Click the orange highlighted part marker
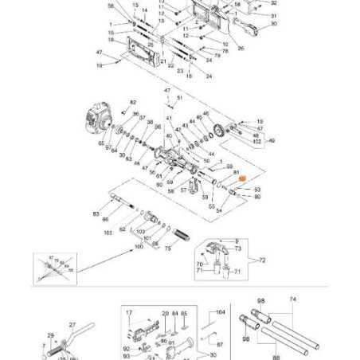(x=245, y=182)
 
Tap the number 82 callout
(x=134, y=102)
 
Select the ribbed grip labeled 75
(x=184, y=237)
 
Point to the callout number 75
(x=168, y=248)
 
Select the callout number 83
(x=96, y=214)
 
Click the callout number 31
(x=273, y=15)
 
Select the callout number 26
(x=241, y=48)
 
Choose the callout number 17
(x=128, y=313)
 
